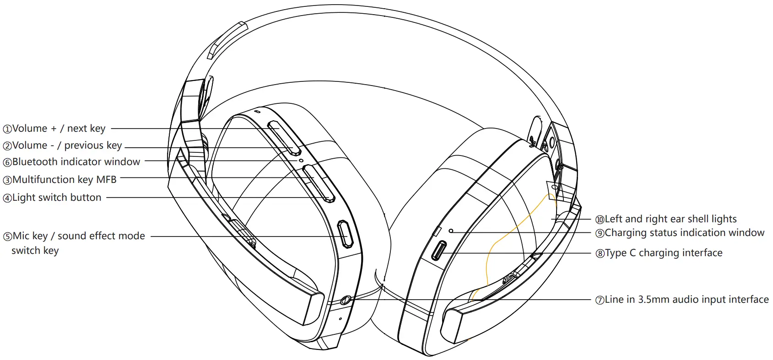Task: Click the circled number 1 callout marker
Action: pyautogui.click(x=7, y=129)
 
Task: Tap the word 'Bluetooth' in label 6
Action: pyautogui.click(x=35, y=162)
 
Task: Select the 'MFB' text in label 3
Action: pyautogui.click(x=106, y=179)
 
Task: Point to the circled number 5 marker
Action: pyautogui.click(x=7, y=236)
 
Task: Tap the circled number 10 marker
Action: pyautogui.click(x=600, y=220)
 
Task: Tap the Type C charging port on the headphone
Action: pyautogui.click(x=440, y=251)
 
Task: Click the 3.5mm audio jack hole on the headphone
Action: pyautogui.click(x=346, y=300)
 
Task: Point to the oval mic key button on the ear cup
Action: pyautogui.click(x=345, y=234)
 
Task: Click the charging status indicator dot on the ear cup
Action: pyautogui.click(x=451, y=231)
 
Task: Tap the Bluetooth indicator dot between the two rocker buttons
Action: pyautogui.click(x=300, y=160)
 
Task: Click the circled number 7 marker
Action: pyautogui.click(x=600, y=300)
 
